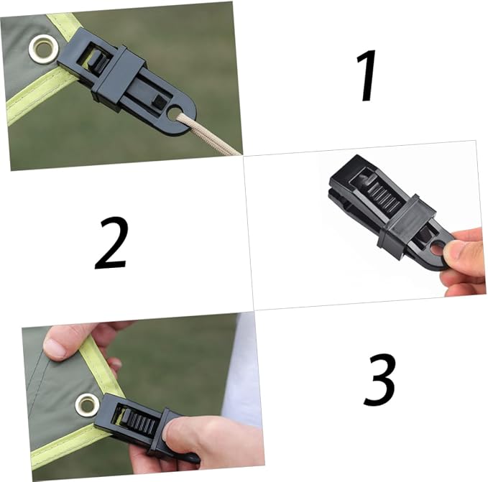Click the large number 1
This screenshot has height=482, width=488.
point(367,75)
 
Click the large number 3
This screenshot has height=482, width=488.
point(379,379)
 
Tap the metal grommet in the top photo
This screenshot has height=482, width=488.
point(43,49)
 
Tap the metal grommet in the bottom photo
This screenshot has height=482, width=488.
point(88,404)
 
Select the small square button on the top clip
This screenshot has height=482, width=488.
point(160,102)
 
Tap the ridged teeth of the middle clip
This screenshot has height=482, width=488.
point(385,195)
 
